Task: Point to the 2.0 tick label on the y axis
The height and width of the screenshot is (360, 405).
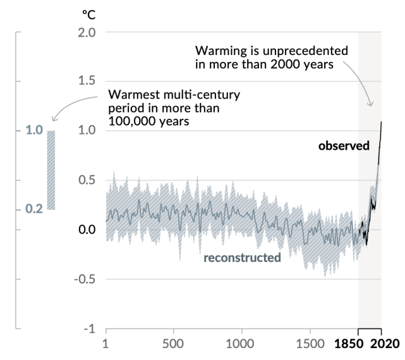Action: click(86, 32)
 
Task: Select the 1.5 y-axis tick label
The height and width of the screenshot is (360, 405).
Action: click(86, 81)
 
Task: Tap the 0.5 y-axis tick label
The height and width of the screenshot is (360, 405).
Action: click(86, 180)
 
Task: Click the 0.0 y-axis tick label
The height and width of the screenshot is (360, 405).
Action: click(86, 229)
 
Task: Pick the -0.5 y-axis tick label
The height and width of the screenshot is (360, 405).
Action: click(84, 279)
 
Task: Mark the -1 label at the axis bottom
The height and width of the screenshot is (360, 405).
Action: click(89, 328)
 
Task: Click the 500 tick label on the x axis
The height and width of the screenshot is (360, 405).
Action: click(172, 345)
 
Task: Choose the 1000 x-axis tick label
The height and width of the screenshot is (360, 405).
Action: click(240, 345)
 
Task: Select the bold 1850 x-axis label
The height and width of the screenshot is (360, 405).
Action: click(349, 345)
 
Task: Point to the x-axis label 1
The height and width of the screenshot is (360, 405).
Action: click(106, 345)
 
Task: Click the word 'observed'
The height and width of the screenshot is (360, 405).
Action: click(344, 146)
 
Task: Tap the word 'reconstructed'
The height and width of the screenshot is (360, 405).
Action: click(242, 258)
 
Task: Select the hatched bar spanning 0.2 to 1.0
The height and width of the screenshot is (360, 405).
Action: click(51, 170)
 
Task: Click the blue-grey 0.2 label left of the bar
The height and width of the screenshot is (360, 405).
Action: click(34, 209)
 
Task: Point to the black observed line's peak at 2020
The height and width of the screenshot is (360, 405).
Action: click(382, 122)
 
